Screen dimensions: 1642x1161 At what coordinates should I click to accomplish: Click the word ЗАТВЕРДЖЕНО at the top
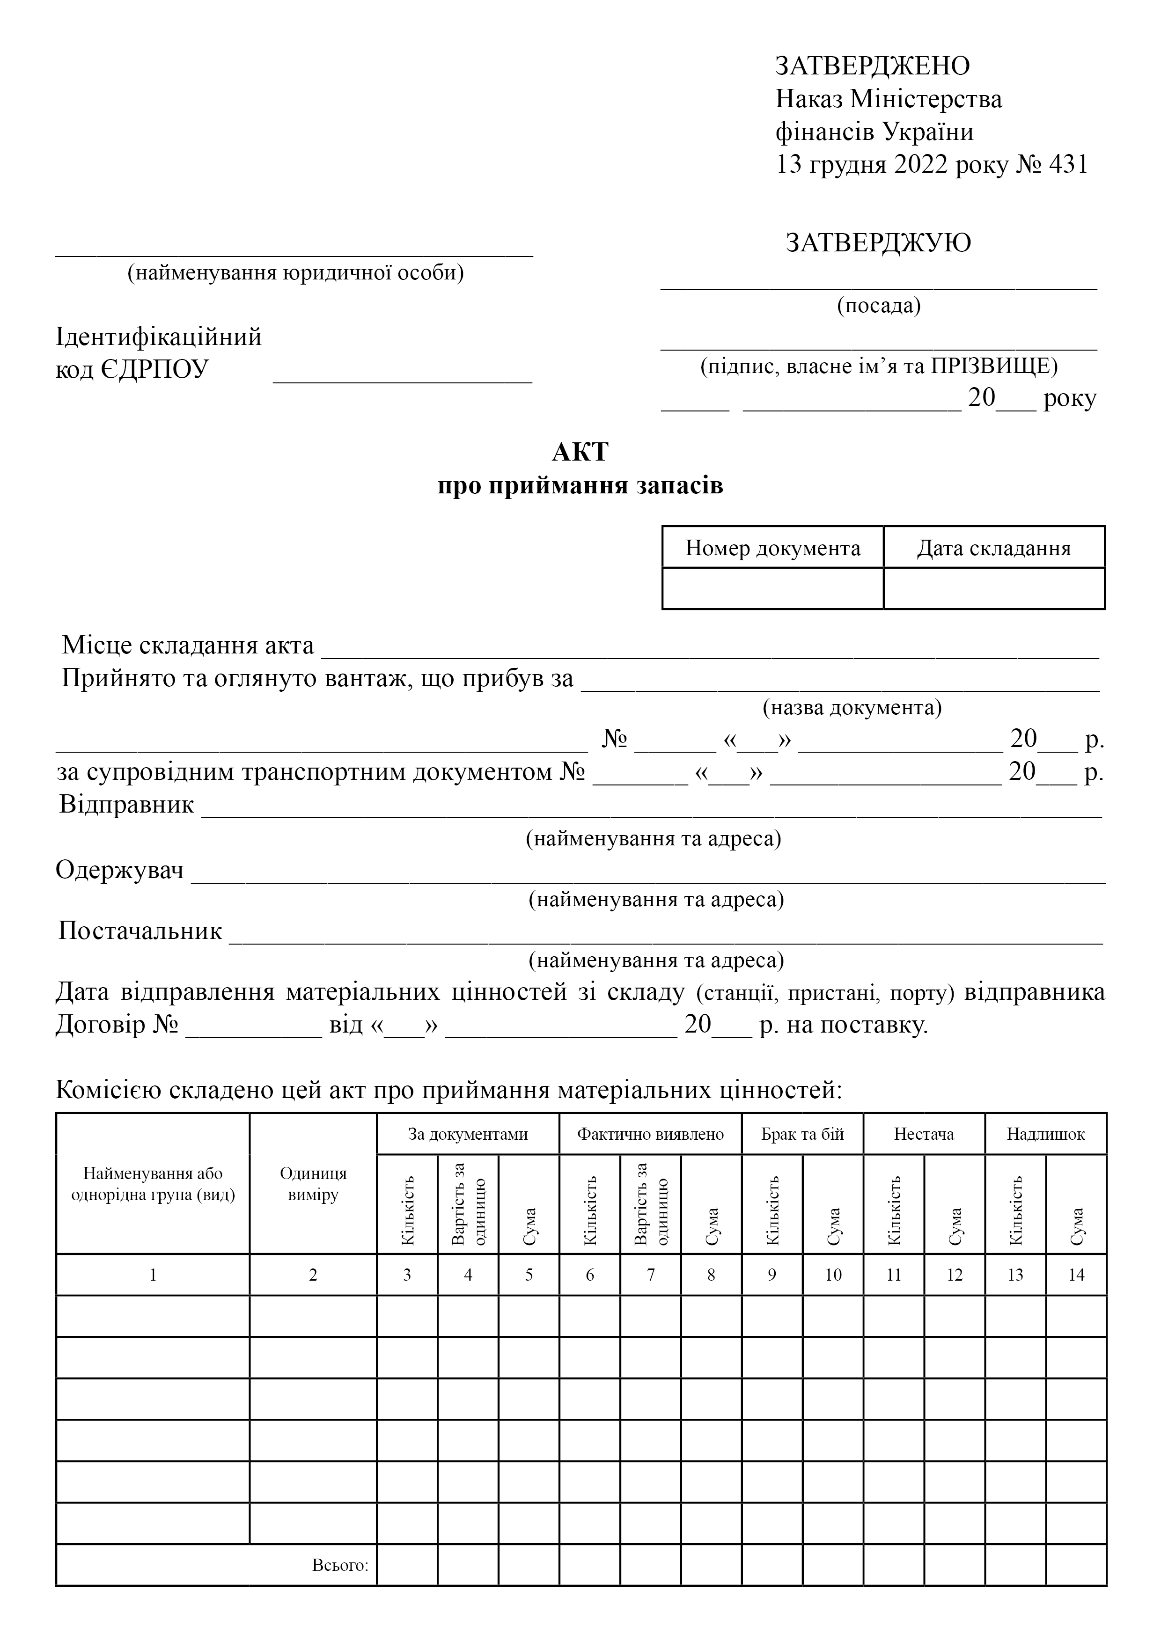tap(872, 66)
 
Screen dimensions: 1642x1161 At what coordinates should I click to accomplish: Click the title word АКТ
tap(580, 452)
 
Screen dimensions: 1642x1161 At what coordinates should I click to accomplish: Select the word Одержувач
tap(120, 870)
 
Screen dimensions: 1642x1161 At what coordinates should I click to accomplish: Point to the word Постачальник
tap(140, 931)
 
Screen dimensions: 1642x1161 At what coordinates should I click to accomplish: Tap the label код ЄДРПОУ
tap(132, 370)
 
